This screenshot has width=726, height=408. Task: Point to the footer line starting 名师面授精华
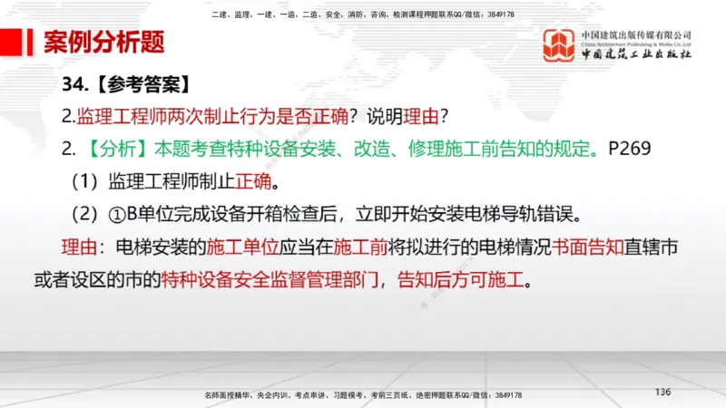363,396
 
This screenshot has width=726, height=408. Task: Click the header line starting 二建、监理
363,15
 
